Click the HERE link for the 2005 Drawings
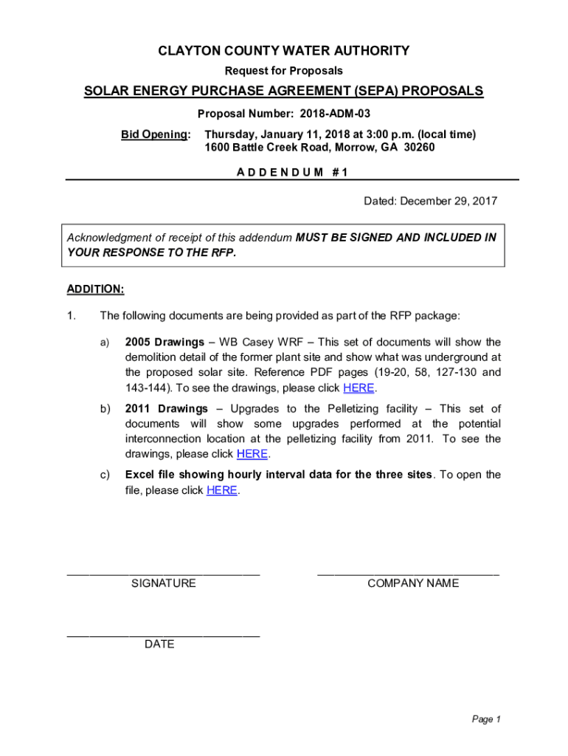click(x=359, y=388)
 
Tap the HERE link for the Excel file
click(x=221, y=490)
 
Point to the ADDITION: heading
click(x=96, y=289)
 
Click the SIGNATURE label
click(x=163, y=583)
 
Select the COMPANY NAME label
click(x=412, y=583)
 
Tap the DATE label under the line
click(x=159, y=645)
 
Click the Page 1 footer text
click(x=486, y=719)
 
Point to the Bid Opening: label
click(x=156, y=134)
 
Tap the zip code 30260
click(x=418, y=148)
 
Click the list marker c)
click(x=105, y=475)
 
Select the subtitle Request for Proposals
click(x=284, y=71)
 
